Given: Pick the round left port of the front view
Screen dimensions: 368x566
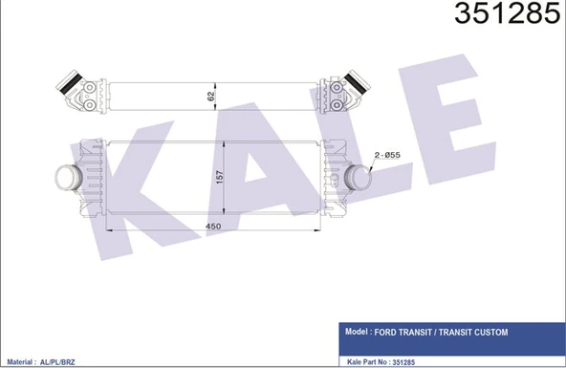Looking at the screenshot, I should [69, 177].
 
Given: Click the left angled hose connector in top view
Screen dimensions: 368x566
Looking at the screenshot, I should [73, 84].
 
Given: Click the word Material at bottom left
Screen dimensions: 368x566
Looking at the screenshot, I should [20, 363].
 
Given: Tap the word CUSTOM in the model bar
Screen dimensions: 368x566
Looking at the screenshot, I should [487, 333].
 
